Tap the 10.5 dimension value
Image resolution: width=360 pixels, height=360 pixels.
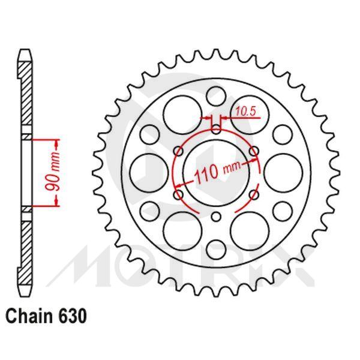tap(244, 110)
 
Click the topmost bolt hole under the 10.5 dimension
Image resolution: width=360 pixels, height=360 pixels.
tap(216, 127)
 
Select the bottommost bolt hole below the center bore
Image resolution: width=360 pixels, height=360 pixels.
tap(216, 218)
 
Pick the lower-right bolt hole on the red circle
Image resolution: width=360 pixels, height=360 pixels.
tap(255, 195)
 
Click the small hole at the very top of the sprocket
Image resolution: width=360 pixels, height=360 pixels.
tap(216, 94)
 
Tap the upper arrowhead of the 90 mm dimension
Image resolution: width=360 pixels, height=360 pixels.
tap(58, 143)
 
